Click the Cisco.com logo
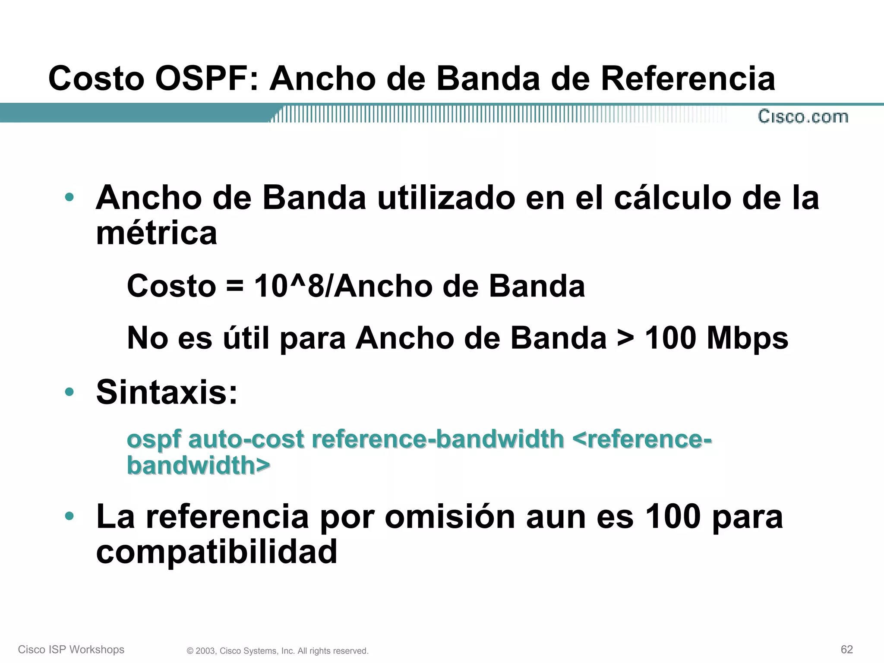tap(803, 117)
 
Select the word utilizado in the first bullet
tap(446, 198)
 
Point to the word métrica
tap(156, 234)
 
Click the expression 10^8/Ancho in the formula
tap(343, 286)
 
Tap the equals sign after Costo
tap(234, 286)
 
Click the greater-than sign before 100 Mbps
tap(625, 338)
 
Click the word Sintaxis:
tap(167, 392)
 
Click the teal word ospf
tap(154, 440)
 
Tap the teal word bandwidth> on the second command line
tap(199, 465)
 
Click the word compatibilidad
tap(216, 552)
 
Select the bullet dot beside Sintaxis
tap(69, 392)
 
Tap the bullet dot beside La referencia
tap(69, 516)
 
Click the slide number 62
tap(846, 649)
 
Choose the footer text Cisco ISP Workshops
tap(71, 650)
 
